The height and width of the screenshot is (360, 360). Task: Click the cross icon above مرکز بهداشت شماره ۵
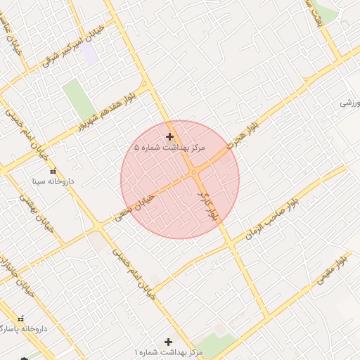tap(169, 136)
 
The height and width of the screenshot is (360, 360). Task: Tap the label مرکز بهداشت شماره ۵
tap(169, 148)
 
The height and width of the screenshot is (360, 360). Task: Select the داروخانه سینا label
tap(53, 181)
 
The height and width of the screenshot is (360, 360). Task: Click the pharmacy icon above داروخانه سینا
tap(53, 170)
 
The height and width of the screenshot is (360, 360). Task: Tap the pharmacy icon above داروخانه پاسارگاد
tap(21, 319)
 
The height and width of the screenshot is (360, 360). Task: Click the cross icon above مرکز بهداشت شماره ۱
tap(167, 340)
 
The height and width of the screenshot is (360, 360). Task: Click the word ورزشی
tap(349, 103)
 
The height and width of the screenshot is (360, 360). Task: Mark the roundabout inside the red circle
tap(192, 173)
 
